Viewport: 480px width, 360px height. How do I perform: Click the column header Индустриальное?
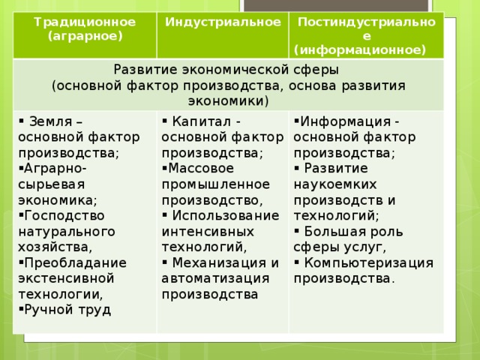tap(223, 22)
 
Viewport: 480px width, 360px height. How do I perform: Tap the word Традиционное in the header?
tap(85, 22)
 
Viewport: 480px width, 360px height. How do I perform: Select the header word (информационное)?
tap(360, 50)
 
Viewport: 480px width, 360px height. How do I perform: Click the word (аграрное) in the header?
tap(85, 36)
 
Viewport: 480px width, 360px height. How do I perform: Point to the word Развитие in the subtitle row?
tap(145, 70)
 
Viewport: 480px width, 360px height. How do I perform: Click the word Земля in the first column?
tap(50, 121)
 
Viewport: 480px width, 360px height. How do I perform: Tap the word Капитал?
tap(202, 121)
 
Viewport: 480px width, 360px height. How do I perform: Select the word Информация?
tap(345, 121)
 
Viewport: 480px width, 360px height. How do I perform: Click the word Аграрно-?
tap(55, 168)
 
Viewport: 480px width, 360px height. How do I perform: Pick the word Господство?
tap(64, 216)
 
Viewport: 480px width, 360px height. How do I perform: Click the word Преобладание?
tap(75, 263)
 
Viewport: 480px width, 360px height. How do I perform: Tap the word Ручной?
tap(49, 310)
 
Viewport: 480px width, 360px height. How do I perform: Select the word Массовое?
tap(201, 168)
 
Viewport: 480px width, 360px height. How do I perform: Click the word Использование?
tap(226, 215)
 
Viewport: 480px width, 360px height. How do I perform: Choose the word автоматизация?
tap(215, 279)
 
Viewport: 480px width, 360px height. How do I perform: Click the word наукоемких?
tap(335, 184)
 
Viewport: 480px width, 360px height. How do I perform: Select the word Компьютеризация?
tap(369, 263)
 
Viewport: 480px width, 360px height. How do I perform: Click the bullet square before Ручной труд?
tap(21, 309)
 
